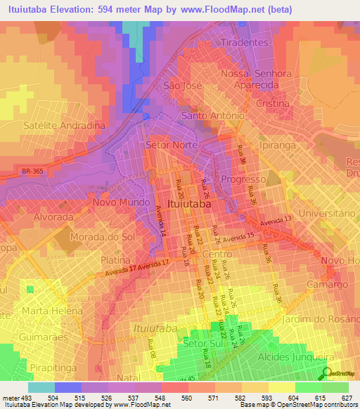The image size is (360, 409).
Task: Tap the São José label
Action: click(183, 86)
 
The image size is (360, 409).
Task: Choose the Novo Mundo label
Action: click(120, 202)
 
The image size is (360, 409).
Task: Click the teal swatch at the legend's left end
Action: click(41, 387)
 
